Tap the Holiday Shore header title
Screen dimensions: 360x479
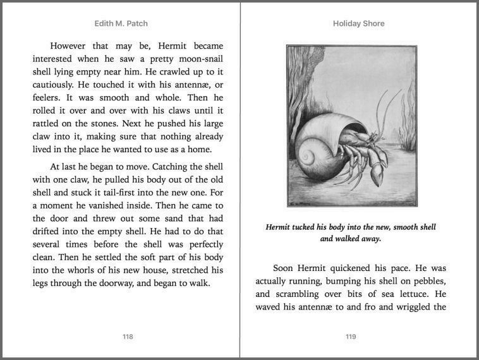(358, 23)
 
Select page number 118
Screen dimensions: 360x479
(128, 337)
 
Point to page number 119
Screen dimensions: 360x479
(351, 337)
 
